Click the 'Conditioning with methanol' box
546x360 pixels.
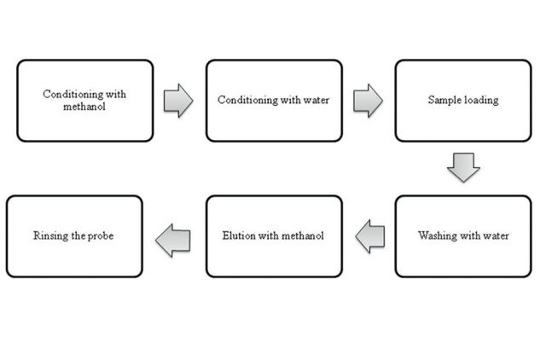click(x=84, y=101)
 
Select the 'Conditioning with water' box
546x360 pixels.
click(x=273, y=101)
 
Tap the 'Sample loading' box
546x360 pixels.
click(x=462, y=101)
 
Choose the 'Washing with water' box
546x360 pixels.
click(x=462, y=236)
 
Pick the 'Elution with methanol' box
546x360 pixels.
click(x=273, y=236)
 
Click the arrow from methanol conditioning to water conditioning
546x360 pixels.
click(x=177, y=101)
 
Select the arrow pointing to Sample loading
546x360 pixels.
click(x=367, y=101)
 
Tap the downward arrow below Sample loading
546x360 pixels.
click(x=463, y=168)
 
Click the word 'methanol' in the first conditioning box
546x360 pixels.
click(x=84, y=107)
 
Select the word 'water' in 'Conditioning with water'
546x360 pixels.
click(x=316, y=101)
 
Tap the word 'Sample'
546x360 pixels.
click(x=444, y=101)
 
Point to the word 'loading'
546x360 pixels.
click(x=481, y=101)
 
